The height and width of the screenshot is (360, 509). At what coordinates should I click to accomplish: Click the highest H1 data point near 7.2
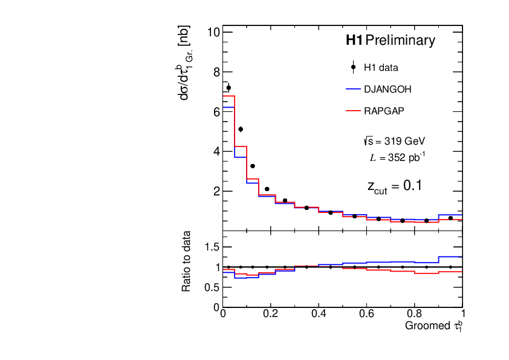point(229,88)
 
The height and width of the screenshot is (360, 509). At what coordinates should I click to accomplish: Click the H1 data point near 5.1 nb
point(241,129)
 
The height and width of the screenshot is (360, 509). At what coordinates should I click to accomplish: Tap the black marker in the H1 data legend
point(353,67)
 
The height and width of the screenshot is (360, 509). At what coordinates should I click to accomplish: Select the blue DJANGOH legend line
point(353,89)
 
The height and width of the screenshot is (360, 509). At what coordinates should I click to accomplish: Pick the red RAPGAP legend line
point(353,111)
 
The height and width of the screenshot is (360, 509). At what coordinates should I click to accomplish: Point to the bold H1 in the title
point(354,41)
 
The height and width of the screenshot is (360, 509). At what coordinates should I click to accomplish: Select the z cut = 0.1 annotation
point(394,186)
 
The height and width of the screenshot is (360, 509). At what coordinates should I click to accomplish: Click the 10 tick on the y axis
point(212,32)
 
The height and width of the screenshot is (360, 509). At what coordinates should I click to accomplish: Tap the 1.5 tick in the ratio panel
point(211,247)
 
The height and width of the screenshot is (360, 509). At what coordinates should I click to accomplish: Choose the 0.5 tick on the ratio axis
point(211,287)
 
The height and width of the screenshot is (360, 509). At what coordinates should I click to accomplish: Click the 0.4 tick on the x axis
point(319,314)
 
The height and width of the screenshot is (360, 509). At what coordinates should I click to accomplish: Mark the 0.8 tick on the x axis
point(415,314)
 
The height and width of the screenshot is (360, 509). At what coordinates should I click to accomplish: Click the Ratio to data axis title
point(187,261)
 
